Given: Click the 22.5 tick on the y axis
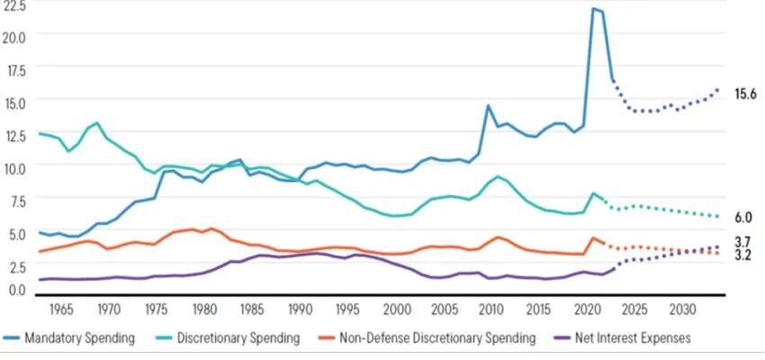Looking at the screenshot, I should coord(15,5).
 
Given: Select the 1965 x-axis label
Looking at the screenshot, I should coord(61,310).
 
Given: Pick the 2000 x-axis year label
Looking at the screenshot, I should coord(396,310).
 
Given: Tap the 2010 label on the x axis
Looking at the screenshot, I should coord(491,310).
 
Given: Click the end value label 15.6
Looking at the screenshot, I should coord(746,94).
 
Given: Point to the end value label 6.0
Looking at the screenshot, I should coord(743,218).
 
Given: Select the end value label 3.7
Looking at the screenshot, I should coord(743,241).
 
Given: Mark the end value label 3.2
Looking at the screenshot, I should coord(743,256).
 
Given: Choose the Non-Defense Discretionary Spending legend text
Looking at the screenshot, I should coord(438,338).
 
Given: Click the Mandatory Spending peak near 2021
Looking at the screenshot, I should coord(594,9).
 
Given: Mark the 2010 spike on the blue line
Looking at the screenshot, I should coord(488,105).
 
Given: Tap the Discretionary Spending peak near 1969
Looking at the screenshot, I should coord(97,122).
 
